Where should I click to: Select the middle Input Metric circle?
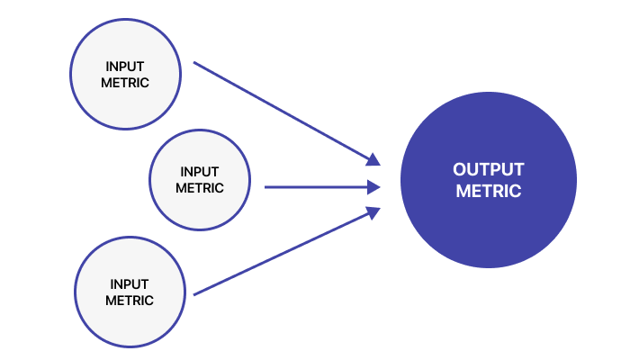tap(200, 180)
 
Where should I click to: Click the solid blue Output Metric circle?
tap(489, 180)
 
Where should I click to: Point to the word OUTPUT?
tap(489, 169)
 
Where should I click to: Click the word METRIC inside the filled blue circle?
tap(489, 191)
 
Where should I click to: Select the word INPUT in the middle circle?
tap(200, 172)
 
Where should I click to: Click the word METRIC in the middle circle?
tap(200, 188)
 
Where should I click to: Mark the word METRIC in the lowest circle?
tap(130, 301)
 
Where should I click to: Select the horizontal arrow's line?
tap(315, 187)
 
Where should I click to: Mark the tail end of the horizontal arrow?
tap(266, 187)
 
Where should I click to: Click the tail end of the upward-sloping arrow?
tap(195, 293)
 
